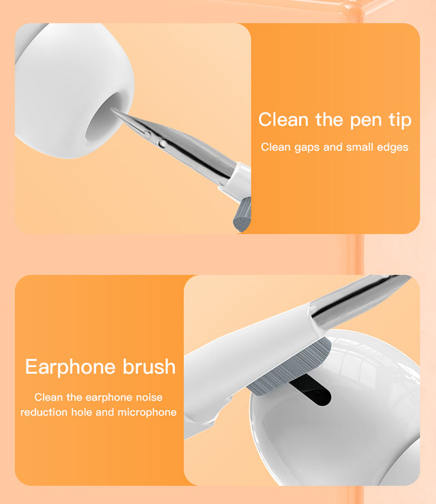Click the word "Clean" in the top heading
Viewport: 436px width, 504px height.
point(284,121)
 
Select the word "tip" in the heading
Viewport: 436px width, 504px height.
point(401,121)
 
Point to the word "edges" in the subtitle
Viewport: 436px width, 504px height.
point(392,147)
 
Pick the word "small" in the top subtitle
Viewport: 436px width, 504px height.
point(360,147)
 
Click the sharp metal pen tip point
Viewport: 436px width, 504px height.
point(114,110)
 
